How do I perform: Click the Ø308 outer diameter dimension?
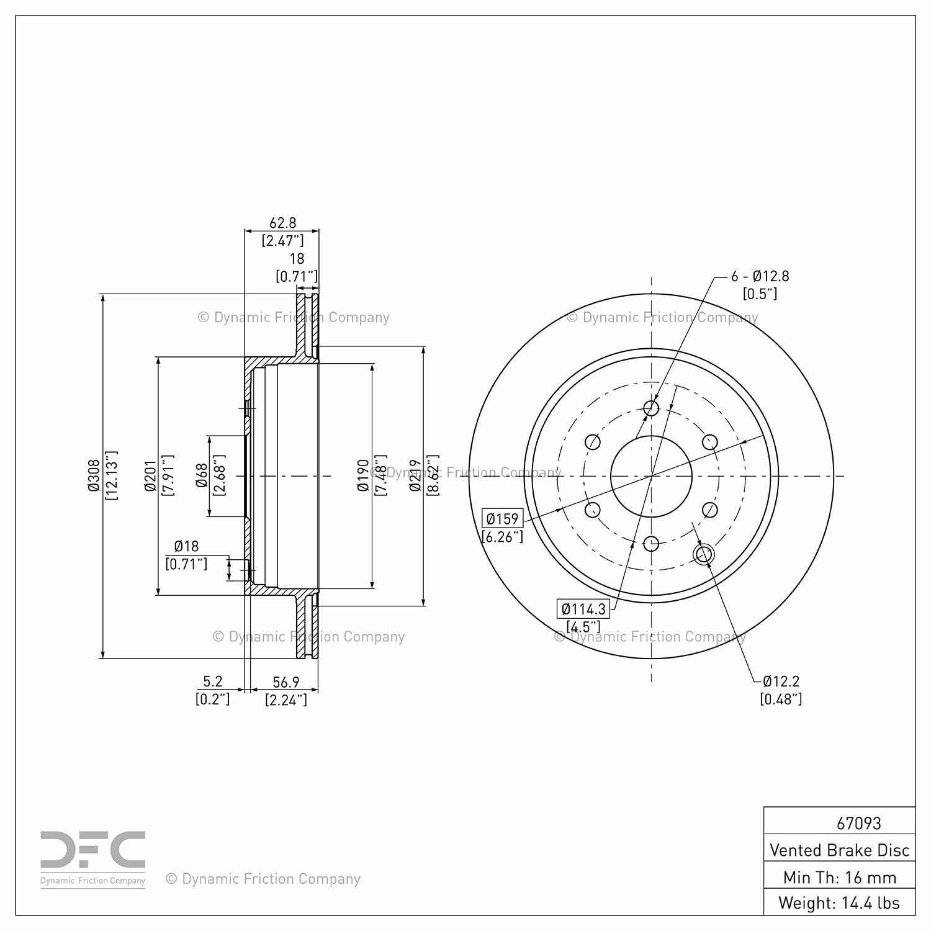[x=94, y=475]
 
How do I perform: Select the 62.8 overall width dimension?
[x=282, y=222]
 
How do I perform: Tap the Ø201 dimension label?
[x=150, y=475]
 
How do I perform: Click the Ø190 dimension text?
[x=364, y=475]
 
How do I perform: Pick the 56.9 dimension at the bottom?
[x=286, y=682]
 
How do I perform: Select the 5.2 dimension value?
[x=212, y=681]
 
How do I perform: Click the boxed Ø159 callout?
[x=502, y=518]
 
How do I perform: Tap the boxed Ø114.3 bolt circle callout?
[x=583, y=609]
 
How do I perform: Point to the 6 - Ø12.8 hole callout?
[x=760, y=276]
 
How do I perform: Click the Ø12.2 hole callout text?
[x=781, y=681]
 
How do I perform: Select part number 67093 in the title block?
[x=858, y=823]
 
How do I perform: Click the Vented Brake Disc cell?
[x=839, y=850]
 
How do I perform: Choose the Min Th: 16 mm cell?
[x=839, y=877]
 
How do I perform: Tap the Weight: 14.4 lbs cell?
[x=839, y=902]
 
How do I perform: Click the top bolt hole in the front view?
[x=651, y=408]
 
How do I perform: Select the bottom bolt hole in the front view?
[x=651, y=544]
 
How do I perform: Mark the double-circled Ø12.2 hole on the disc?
[x=703, y=554]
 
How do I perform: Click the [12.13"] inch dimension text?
[x=111, y=475]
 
